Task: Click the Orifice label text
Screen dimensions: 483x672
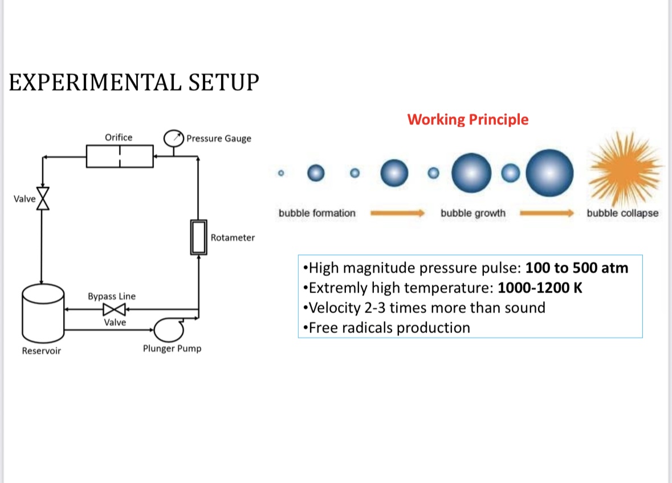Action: pyautogui.click(x=119, y=137)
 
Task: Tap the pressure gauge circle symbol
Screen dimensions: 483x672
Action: pyautogui.click(x=174, y=138)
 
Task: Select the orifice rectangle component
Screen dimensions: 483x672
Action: pyautogui.click(x=120, y=156)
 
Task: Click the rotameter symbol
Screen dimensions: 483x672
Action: pyautogui.click(x=198, y=237)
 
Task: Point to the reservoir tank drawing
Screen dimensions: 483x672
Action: pyautogui.click(x=43, y=311)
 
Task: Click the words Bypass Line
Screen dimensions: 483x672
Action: pyautogui.click(x=112, y=297)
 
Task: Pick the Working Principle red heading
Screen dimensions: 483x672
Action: pyautogui.click(x=468, y=120)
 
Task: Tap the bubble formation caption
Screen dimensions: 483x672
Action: pyautogui.click(x=317, y=213)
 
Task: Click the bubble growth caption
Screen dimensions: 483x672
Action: pyautogui.click(x=473, y=213)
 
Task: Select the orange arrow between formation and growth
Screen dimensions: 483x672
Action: pyautogui.click(x=397, y=213)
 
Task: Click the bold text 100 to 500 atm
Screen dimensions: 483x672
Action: pyautogui.click(x=577, y=268)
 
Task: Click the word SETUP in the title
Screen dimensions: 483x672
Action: pyautogui.click(x=224, y=83)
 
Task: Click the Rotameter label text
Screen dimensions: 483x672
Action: pyautogui.click(x=233, y=238)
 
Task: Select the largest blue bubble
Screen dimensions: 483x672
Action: pyautogui.click(x=549, y=172)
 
